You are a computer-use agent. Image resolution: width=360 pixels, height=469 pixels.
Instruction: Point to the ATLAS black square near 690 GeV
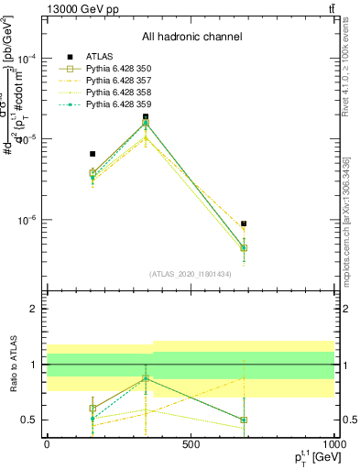coord(244,224)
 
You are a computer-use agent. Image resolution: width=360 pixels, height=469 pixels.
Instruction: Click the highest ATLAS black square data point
coord(146,117)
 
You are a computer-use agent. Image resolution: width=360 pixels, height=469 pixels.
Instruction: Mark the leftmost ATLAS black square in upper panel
coord(93,154)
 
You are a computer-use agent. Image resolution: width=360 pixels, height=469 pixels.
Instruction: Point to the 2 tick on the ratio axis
coord(33,309)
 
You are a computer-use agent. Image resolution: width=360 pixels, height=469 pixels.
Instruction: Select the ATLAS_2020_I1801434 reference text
coord(191,275)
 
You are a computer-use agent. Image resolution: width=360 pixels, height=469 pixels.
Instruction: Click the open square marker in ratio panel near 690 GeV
coord(244,420)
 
